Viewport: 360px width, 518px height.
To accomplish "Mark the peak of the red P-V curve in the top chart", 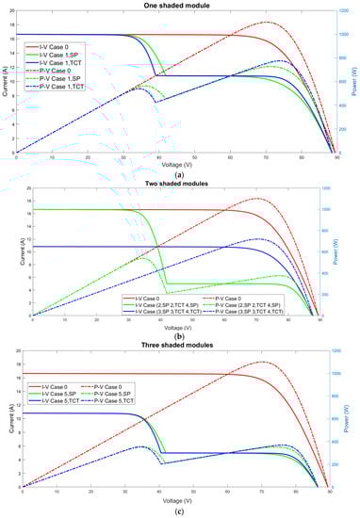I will coord(270,22).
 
